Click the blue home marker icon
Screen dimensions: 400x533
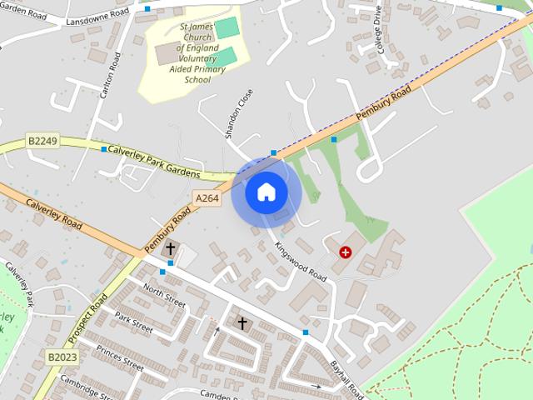click(266, 192)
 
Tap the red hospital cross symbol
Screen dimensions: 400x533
click(345, 251)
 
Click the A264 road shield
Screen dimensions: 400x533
click(207, 197)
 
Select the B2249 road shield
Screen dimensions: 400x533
click(42, 141)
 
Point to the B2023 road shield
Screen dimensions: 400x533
click(62, 356)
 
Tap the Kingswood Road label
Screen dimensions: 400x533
click(301, 261)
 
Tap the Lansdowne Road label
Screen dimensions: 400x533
click(97, 17)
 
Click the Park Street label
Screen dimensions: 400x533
click(134, 322)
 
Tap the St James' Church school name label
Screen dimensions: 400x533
click(197, 53)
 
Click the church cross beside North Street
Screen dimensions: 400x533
click(171, 248)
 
